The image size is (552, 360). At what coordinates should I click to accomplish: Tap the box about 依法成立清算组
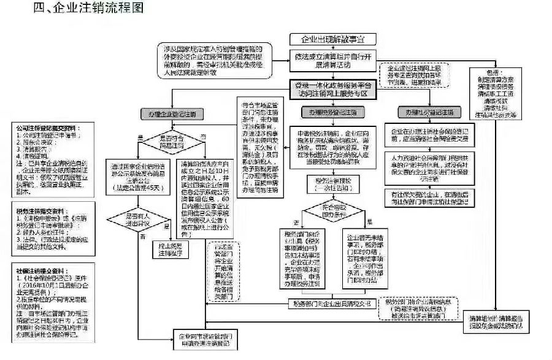tap(333, 59)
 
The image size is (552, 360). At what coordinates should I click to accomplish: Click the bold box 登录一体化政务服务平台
tap(333, 90)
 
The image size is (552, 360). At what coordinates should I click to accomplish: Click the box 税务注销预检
tap(331, 185)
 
